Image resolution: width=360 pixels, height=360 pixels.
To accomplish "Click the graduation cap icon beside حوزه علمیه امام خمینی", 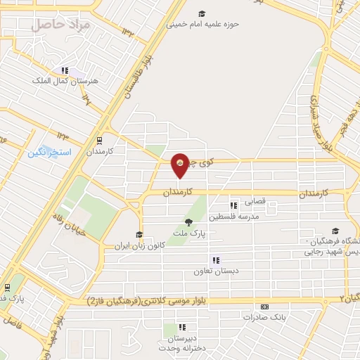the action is (202, 13).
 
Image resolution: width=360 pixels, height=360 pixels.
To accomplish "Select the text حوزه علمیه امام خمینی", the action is (202, 23).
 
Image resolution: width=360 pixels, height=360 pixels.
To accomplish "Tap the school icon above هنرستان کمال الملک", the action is (65, 70).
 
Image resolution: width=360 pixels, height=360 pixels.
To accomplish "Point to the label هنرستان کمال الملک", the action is (64, 81).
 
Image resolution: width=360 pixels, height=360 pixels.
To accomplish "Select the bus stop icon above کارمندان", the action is (99, 139).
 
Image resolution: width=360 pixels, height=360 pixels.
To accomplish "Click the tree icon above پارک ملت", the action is (187, 221).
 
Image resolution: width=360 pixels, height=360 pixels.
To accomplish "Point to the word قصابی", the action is (255, 202).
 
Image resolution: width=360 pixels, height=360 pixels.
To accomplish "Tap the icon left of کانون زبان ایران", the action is (139, 236).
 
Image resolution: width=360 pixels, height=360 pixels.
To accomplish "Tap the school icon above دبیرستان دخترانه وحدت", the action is (182, 326).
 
